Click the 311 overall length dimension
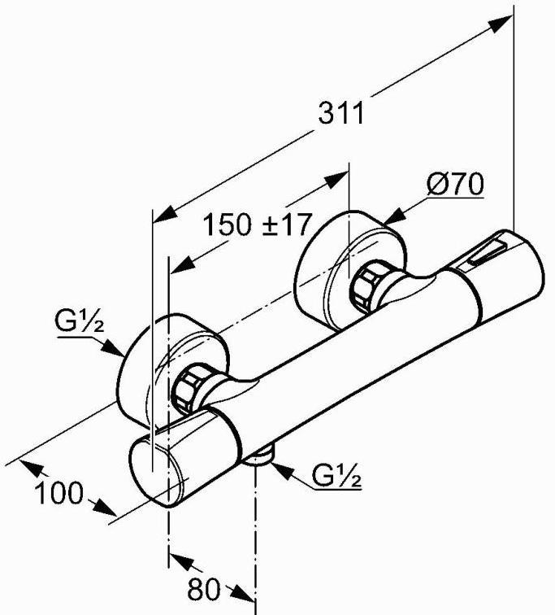(x=341, y=113)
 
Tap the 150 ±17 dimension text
(x=258, y=225)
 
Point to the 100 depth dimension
(x=59, y=493)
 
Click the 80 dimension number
(x=204, y=590)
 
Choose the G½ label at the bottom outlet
(x=336, y=475)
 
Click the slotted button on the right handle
(x=488, y=252)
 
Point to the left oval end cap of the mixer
(x=156, y=473)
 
